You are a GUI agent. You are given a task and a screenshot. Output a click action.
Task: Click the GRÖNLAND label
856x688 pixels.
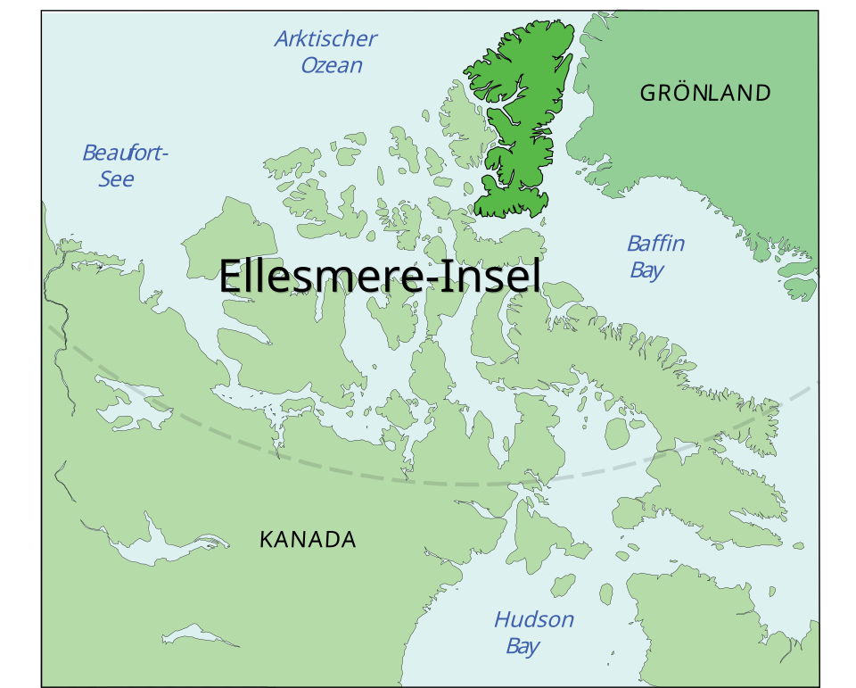point(705,93)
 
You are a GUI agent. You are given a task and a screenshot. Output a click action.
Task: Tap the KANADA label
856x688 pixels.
point(308,539)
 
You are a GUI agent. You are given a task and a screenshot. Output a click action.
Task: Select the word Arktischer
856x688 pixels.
point(325,39)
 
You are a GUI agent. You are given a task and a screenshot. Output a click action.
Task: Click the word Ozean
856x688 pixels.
point(332,65)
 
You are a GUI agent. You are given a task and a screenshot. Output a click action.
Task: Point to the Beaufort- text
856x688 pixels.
point(125,153)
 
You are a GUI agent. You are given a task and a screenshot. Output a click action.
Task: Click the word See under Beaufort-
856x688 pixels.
point(116,179)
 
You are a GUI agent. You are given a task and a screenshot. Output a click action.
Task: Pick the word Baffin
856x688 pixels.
point(655,244)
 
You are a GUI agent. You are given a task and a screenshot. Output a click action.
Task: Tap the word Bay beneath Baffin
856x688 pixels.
point(646,269)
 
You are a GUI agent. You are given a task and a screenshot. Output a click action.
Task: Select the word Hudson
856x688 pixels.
point(534,619)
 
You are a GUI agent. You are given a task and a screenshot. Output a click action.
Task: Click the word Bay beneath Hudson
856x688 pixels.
point(523,646)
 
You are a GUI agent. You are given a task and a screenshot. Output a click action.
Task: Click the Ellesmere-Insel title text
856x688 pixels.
point(380,276)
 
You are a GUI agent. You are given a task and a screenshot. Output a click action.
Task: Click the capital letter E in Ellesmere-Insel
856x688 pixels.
point(231,276)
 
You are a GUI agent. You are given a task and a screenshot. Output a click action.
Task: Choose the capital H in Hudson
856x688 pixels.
point(504,619)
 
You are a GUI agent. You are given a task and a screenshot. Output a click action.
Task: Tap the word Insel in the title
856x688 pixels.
point(495,276)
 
